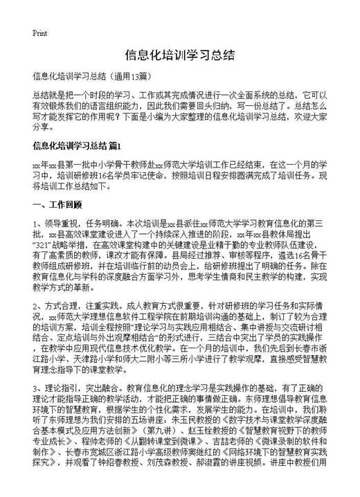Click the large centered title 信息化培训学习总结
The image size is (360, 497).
tap(179, 55)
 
